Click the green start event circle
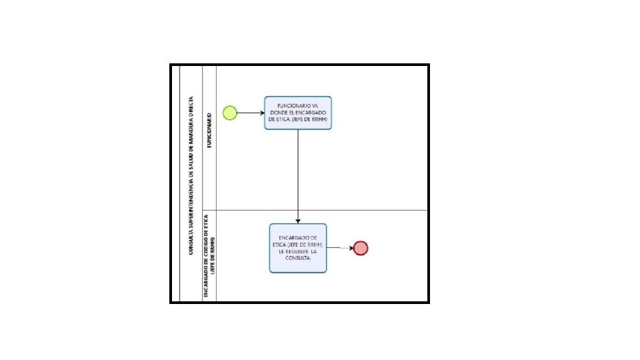click(230, 113)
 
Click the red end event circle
click(361, 248)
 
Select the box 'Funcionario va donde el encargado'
click(297, 113)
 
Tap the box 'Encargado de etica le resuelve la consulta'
click(298, 248)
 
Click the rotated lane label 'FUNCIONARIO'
click(209, 131)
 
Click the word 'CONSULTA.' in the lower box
click(298, 259)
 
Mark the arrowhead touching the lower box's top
click(297, 221)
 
